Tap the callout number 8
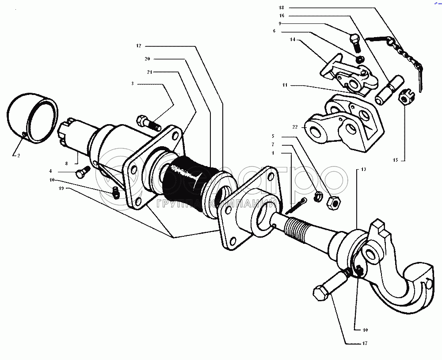tap(66, 163)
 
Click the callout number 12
tap(138, 45)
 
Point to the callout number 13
tap(363, 169)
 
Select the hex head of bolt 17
tap(319, 292)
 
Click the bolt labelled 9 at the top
tap(355, 42)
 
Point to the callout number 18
tap(282, 8)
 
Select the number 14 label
tap(293, 39)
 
